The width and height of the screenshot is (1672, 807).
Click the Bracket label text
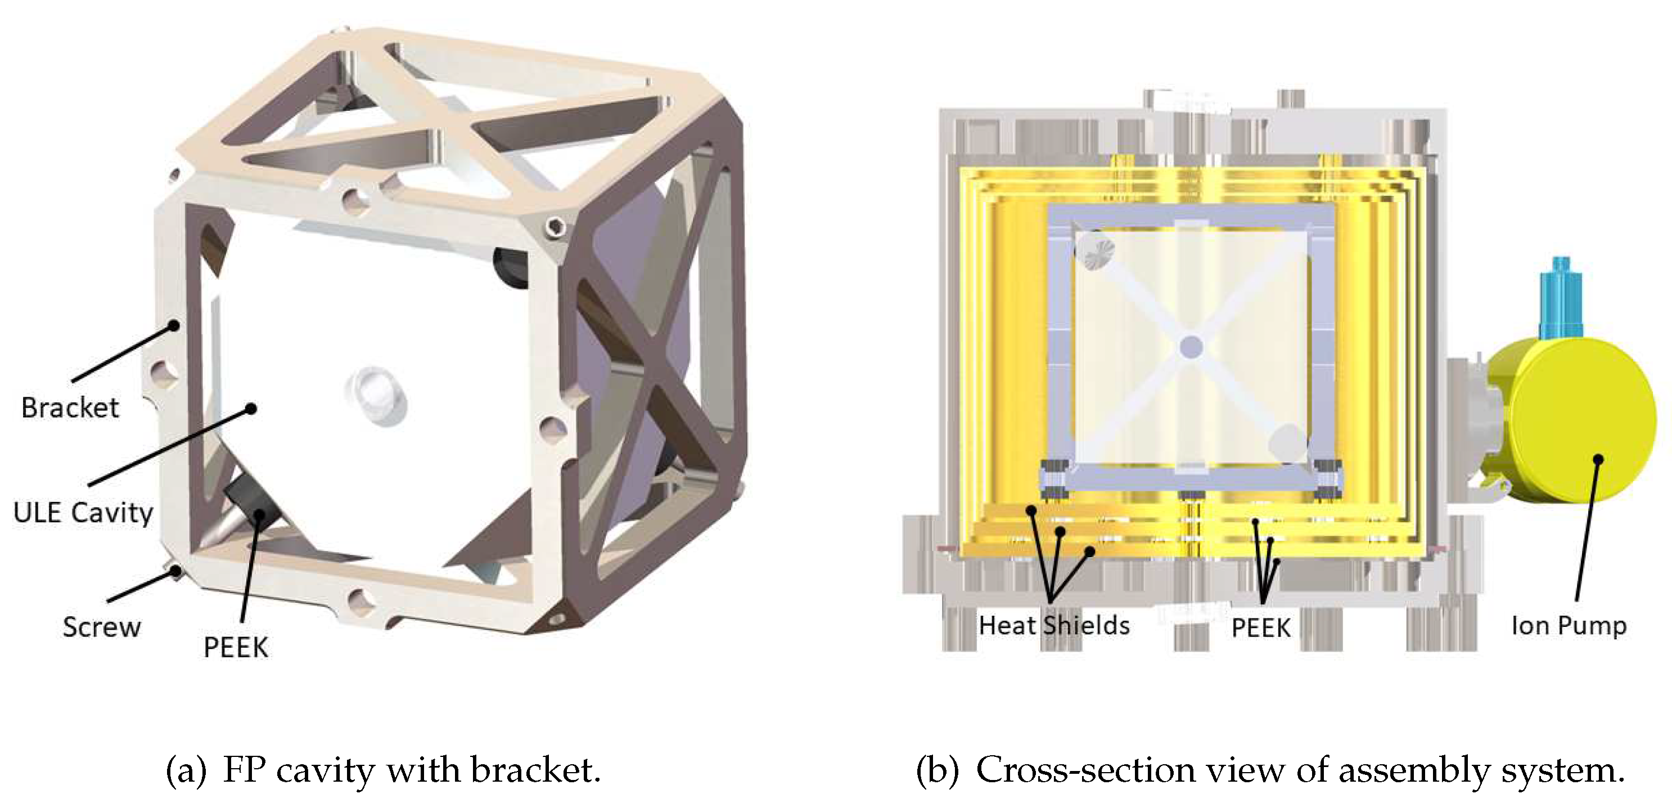tap(70, 407)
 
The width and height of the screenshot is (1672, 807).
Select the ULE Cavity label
tap(83, 512)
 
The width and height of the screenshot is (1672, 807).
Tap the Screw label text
tap(101, 627)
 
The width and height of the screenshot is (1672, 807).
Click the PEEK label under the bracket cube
tap(236, 647)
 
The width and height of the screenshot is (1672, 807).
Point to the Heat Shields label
tap(1054, 625)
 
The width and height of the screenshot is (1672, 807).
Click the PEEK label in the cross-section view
tap(1260, 628)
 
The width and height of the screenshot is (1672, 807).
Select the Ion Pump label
tap(1569, 625)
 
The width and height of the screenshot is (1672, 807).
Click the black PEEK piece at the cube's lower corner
tap(250, 510)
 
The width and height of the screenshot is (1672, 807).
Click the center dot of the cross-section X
tap(1191, 347)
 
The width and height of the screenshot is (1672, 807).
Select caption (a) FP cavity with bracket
tap(383, 770)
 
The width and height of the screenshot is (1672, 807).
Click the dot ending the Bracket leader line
tap(173, 325)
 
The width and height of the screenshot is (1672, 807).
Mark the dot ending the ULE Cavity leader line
tap(251, 409)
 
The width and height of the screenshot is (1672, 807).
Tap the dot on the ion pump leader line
tap(1598, 460)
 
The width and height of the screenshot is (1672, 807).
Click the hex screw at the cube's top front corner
tap(555, 226)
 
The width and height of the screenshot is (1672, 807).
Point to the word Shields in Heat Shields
tap(1087, 625)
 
